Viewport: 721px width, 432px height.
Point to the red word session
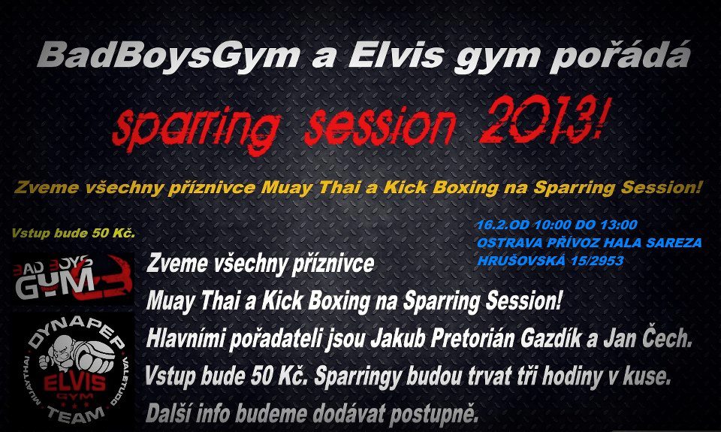(379, 125)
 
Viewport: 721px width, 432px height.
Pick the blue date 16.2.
(490, 225)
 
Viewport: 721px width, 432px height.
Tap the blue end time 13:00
(620, 225)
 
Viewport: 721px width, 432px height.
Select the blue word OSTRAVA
(509, 243)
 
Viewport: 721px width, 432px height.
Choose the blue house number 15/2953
(597, 261)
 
